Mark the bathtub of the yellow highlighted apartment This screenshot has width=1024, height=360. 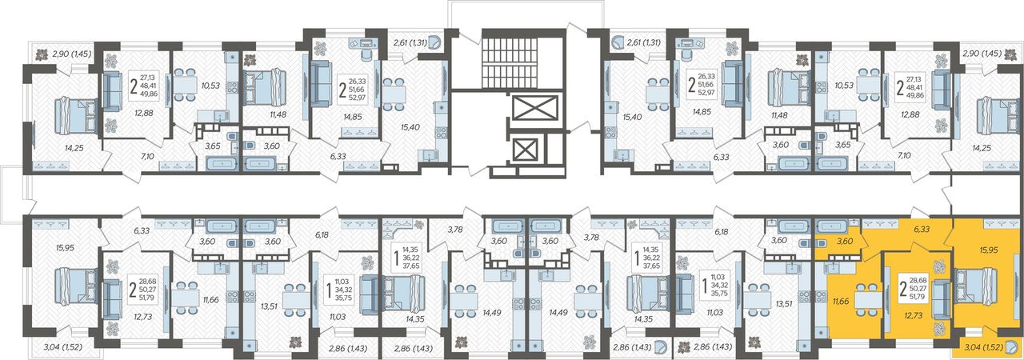click(x=831, y=226)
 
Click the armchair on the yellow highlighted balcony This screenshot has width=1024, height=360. click(x=1010, y=347)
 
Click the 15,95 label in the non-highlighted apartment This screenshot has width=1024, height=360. click(x=65, y=248)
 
